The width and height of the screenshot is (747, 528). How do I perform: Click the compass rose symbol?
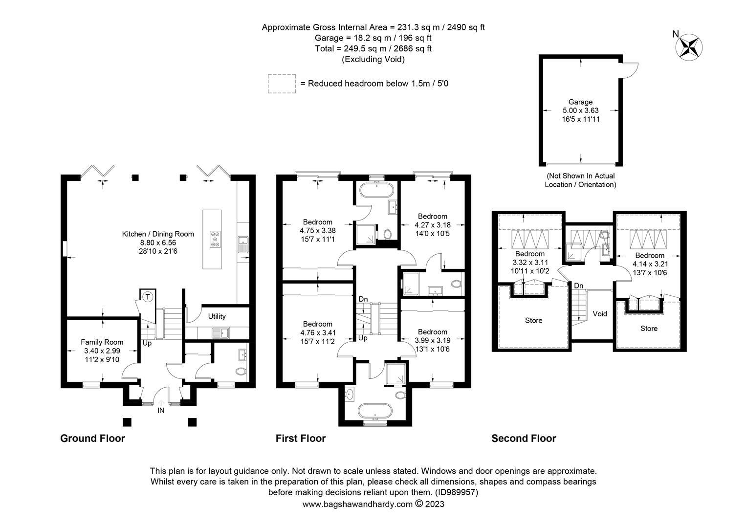pos(689,47)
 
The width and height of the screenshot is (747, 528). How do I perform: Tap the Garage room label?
pos(581,102)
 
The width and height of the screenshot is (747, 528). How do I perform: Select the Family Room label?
pos(102,342)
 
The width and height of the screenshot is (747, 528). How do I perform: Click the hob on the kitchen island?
pos(215,239)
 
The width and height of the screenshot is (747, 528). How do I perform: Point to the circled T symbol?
pos(148,296)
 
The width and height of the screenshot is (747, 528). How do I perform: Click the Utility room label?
pos(217,316)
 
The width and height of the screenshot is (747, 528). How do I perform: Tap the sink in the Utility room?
pos(220,332)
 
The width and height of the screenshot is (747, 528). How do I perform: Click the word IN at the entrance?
pos(161,411)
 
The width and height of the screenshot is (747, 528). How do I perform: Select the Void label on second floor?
pos(599,313)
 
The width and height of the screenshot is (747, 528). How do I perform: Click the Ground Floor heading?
pos(92,438)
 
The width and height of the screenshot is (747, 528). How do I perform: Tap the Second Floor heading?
pos(524,438)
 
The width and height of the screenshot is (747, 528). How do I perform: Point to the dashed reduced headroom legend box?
pos(282,84)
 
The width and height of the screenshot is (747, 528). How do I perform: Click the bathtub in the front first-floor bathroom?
pos(375,412)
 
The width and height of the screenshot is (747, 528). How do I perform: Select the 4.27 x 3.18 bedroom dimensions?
pos(433,225)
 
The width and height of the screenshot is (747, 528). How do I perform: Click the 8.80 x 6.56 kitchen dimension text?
pos(158,242)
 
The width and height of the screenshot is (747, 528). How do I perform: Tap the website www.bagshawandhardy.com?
pos(357,504)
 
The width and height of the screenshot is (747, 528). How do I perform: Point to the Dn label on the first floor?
pos(363,299)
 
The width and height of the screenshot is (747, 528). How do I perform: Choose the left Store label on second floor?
pos(533,320)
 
